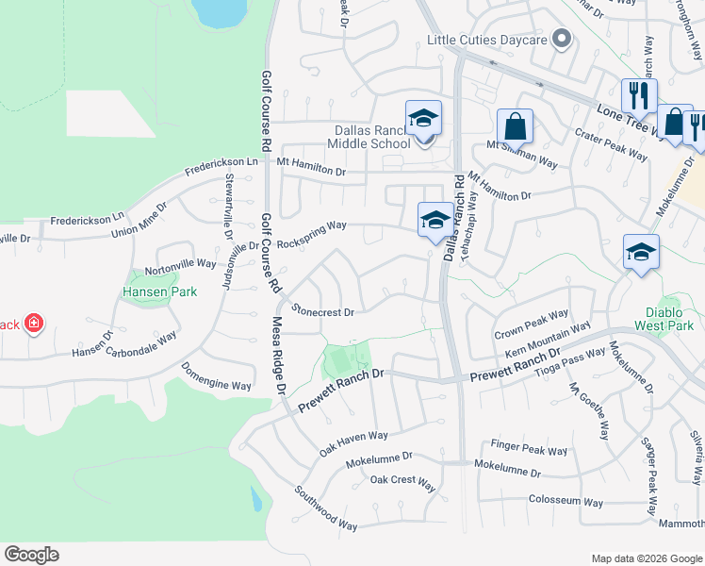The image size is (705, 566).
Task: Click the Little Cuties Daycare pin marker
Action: point(562,40)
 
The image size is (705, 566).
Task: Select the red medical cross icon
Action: point(34,325)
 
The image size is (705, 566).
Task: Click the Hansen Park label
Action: point(160,291)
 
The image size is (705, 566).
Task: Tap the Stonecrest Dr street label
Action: point(322,310)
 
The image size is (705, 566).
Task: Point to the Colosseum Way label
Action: point(566,501)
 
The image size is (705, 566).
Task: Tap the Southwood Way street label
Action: point(325,508)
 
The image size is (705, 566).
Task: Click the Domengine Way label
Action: point(217,377)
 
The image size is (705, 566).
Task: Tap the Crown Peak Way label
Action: point(532,324)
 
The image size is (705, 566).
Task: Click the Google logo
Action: point(31,555)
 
